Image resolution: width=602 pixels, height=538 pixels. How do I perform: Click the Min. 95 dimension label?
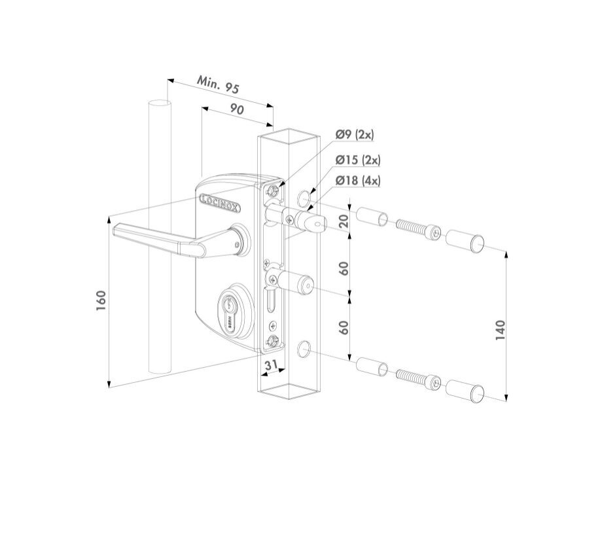[218, 84]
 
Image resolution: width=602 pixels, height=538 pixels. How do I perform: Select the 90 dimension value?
[237, 109]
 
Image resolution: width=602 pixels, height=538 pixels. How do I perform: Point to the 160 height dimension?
[101, 300]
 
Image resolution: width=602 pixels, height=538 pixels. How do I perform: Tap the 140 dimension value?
[501, 330]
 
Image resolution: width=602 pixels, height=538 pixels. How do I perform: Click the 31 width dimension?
[272, 365]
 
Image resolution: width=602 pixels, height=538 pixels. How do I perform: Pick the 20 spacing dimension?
[344, 221]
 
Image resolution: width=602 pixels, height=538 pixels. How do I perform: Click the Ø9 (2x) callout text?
[355, 134]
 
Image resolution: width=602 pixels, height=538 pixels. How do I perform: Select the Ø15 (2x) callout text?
[358, 160]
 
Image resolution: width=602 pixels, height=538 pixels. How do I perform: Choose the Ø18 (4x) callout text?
[358, 181]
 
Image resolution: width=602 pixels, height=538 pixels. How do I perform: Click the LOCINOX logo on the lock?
[221, 203]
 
